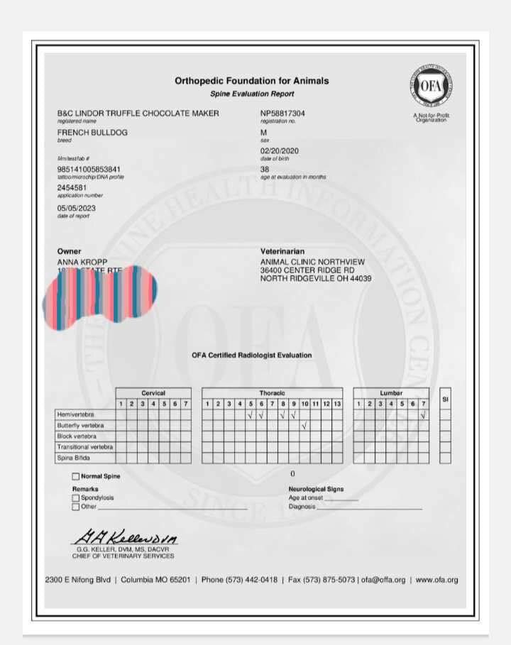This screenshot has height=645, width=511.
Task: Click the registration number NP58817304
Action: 282,114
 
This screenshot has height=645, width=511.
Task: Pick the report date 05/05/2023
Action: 76,208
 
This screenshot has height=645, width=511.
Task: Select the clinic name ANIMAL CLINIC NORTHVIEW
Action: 310,262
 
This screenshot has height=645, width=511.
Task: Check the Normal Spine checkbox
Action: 76,477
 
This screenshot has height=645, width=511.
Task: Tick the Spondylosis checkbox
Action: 76,498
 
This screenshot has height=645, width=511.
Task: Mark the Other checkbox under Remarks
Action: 76,507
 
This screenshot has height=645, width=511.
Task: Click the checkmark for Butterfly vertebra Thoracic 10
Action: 304,426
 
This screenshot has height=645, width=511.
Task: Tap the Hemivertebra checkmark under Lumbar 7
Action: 423,414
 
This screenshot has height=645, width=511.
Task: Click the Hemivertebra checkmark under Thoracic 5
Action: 251,414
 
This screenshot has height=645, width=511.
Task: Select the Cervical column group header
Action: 153,392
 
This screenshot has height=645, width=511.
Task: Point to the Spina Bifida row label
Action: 73,458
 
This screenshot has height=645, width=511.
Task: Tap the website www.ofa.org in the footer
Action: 436,580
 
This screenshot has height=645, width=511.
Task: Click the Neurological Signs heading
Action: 316,490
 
